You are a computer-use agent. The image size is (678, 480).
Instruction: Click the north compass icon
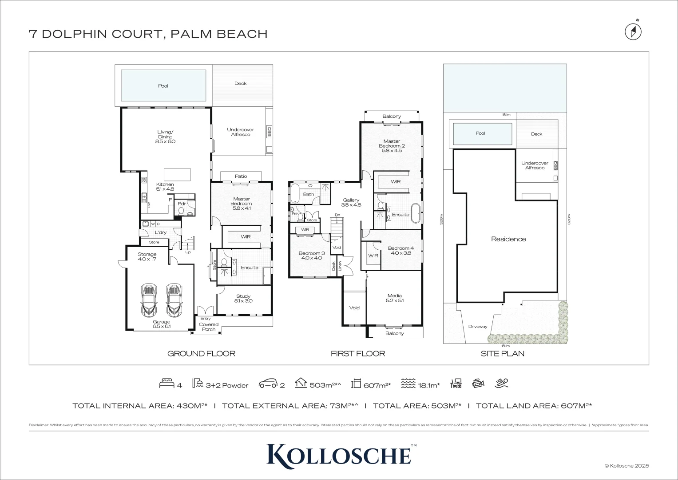click(x=634, y=32)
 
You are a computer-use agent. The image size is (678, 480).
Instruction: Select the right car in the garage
click(x=174, y=300)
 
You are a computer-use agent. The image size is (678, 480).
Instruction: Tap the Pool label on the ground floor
click(x=163, y=86)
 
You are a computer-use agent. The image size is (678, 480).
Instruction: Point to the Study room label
click(x=243, y=298)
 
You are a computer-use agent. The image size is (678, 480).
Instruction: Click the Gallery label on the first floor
click(x=351, y=203)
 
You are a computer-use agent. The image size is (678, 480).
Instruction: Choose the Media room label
click(x=394, y=298)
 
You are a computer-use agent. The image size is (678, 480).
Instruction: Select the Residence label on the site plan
click(x=508, y=239)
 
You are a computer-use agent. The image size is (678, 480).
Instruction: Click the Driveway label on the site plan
click(x=477, y=326)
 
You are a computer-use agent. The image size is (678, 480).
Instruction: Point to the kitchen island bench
click(x=177, y=173)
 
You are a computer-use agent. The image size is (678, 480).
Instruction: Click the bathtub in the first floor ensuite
click(x=416, y=214)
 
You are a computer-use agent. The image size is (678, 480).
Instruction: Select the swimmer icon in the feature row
click(x=503, y=383)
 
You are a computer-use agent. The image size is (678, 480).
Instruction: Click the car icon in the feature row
click(x=268, y=384)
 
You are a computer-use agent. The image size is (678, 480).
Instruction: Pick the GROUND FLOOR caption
click(x=201, y=353)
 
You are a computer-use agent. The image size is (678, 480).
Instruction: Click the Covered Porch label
click(x=208, y=327)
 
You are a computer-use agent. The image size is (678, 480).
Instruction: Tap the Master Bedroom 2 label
click(x=392, y=146)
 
